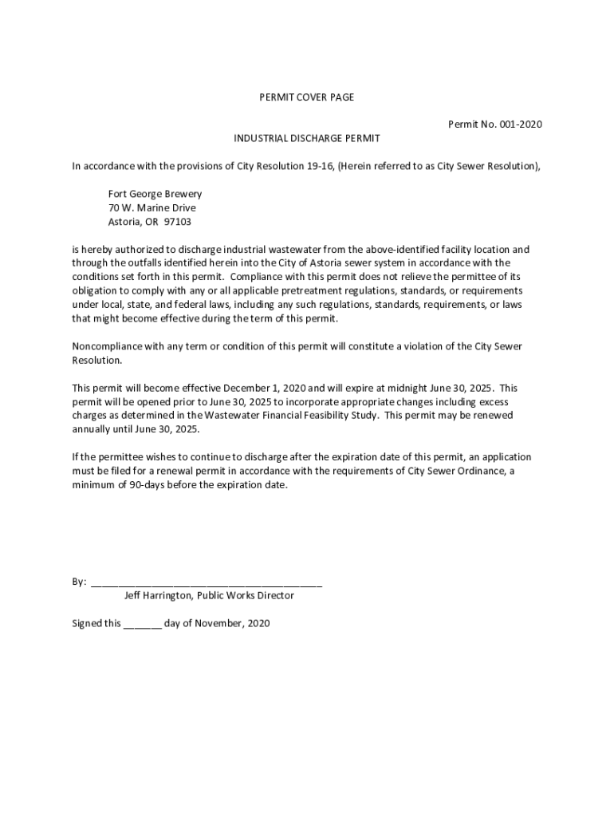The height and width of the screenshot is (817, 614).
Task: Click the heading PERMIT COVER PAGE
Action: pyautogui.click(x=307, y=97)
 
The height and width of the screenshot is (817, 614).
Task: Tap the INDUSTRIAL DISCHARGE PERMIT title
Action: pyautogui.click(x=307, y=138)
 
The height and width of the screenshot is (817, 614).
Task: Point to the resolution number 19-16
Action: pyautogui.click(x=321, y=166)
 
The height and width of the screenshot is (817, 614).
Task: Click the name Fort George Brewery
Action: pyautogui.click(x=155, y=194)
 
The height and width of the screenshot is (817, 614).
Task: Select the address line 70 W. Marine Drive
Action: pyautogui.click(x=152, y=207)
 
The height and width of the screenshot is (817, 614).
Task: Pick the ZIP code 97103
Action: pyautogui.click(x=177, y=222)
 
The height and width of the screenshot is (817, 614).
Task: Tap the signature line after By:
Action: pyautogui.click(x=207, y=582)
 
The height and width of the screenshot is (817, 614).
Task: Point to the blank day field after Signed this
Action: pyautogui.click(x=143, y=623)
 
